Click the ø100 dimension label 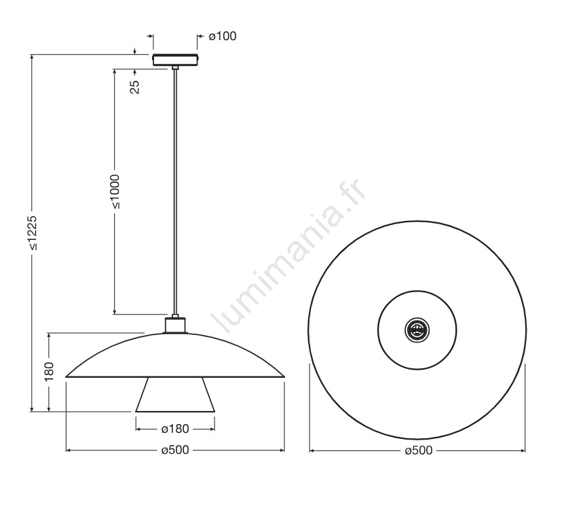coord(223,36)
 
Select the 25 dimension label coord(135,87)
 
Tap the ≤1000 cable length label coord(115,192)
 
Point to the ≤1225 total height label coord(33,232)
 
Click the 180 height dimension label coord(49,372)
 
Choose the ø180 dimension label coord(175,429)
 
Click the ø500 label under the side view coord(175,450)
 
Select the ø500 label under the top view coord(419,450)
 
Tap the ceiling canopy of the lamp coord(176,60)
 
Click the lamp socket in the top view coord(417,330)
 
